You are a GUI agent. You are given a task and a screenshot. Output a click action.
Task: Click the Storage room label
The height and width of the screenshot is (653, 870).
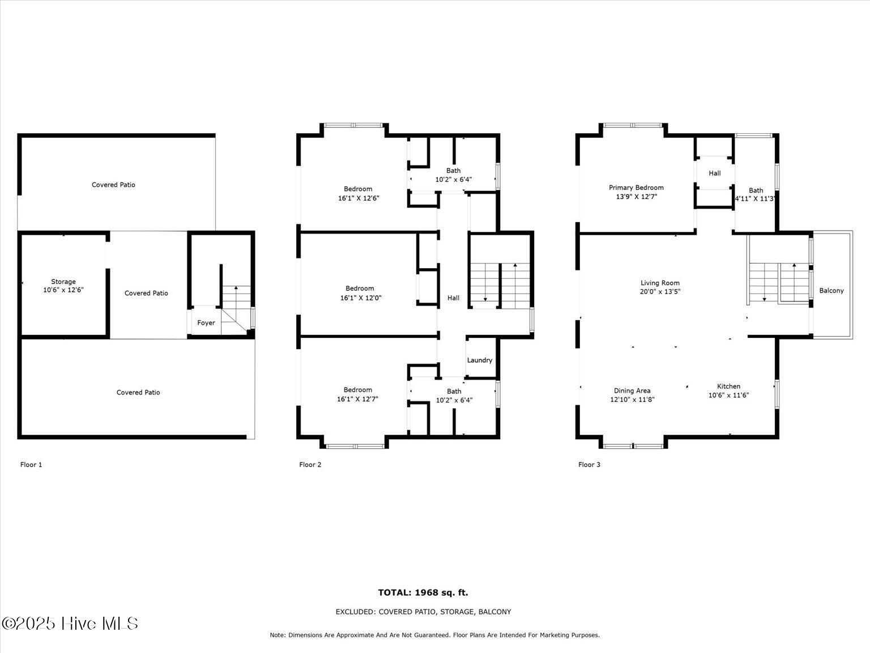tap(63, 282)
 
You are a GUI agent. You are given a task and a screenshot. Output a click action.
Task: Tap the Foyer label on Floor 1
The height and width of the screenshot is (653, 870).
tap(206, 323)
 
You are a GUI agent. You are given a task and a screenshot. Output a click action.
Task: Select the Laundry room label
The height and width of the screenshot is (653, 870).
tap(480, 360)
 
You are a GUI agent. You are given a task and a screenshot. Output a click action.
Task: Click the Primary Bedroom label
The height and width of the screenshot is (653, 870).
tap(636, 188)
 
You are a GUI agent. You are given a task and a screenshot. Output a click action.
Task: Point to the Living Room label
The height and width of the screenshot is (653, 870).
tap(660, 283)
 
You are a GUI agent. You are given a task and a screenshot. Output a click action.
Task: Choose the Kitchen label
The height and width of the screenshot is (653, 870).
tap(728, 386)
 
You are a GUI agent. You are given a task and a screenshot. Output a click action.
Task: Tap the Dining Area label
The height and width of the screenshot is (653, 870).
tap(632, 391)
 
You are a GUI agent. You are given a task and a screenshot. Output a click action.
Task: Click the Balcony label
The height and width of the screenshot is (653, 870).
tap(831, 291)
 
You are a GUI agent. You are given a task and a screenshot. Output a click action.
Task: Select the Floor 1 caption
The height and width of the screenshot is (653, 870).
tap(31, 465)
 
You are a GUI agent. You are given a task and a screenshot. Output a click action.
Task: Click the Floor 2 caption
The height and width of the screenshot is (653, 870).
tap(310, 465)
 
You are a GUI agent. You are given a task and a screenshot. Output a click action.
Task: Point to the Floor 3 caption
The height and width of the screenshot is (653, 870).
tap(590, 465)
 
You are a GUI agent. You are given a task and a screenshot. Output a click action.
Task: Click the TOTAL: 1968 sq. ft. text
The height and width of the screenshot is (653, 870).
tap(423, 593)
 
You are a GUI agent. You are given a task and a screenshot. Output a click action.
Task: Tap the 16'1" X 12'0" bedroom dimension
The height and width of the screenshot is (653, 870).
tap(361, 298)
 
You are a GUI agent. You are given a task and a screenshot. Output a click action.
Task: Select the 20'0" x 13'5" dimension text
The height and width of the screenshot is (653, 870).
tap(660, 291)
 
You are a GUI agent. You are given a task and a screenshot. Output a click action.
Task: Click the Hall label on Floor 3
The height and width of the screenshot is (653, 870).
tap(715, 173)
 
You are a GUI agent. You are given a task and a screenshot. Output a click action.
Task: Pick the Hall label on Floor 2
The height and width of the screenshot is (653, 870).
tap(454, 298)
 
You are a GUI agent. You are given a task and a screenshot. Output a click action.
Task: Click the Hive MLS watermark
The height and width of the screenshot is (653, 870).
tap(70, 624)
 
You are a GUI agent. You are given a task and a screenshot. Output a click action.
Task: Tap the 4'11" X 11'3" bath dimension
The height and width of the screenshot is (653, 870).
tap(754, 198)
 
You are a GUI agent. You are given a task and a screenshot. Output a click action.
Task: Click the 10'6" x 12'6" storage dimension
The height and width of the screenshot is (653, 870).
tap(63, 290)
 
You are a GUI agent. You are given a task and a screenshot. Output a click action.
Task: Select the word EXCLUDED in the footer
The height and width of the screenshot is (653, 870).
tap(355, 612)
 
